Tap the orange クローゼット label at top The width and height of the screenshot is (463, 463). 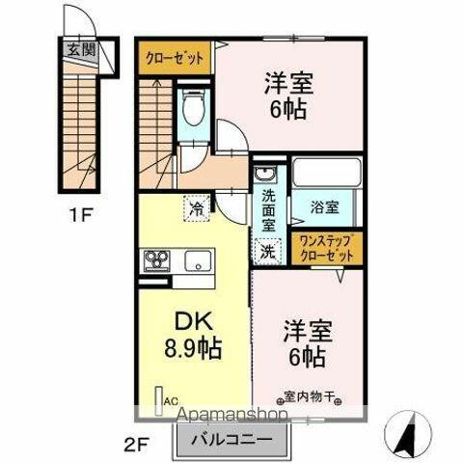pos(173,57)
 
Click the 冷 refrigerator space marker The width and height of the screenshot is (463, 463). pos(196,205)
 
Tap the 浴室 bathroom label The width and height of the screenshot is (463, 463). pos(323,205)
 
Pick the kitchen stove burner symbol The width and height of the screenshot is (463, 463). pos(157,261)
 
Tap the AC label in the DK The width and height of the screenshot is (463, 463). pos(170,398)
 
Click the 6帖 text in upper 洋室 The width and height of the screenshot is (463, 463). pos(287,109)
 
